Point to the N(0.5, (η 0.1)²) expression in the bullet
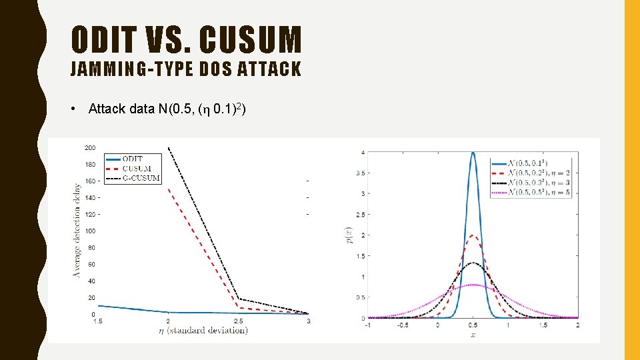[x=203, y=109]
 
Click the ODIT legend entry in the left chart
[x=133, y=159]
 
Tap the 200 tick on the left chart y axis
[x=90, y=147]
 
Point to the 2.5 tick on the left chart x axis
[x=238, y=321]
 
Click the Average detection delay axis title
[x=77, y=230]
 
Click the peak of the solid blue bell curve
[x=473, y=153]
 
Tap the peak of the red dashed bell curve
[x=473, y=235]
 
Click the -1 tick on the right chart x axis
[x=368, y=325]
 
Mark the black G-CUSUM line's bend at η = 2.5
[x=238, y=299]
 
